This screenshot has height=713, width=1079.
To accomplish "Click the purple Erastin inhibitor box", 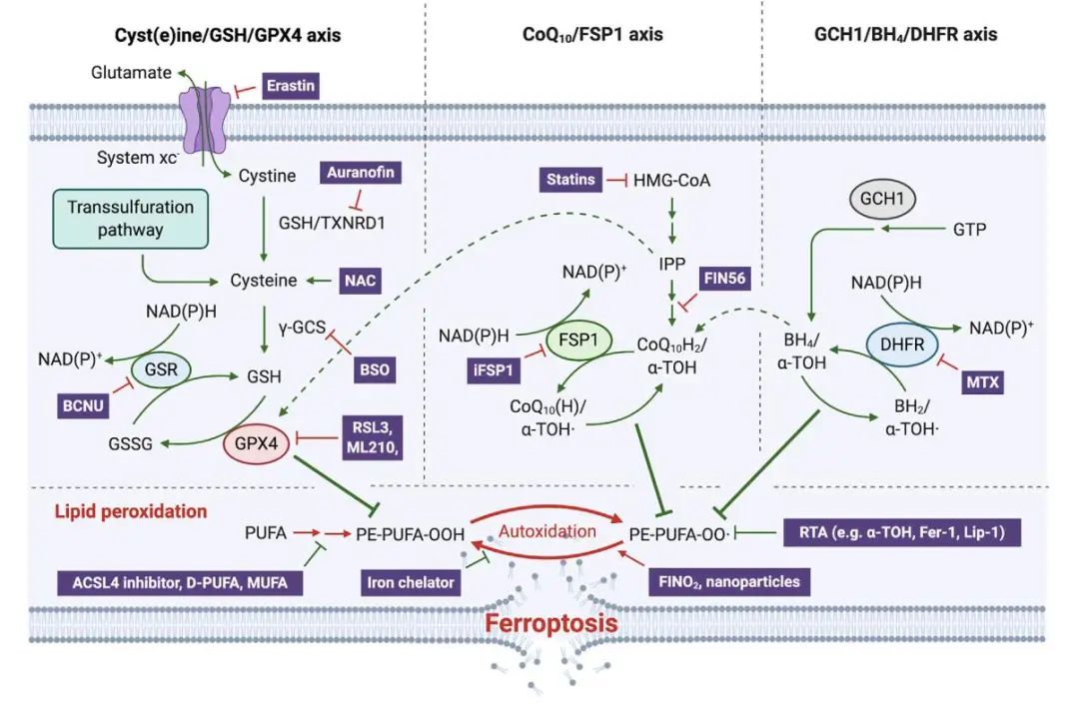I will click(x=291, y=86).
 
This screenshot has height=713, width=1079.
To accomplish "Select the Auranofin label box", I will click(x=361, y=173).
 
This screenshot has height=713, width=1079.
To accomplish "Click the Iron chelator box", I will click(x=410, y=581).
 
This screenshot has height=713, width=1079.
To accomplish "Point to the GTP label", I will click(x=969, y=229).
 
